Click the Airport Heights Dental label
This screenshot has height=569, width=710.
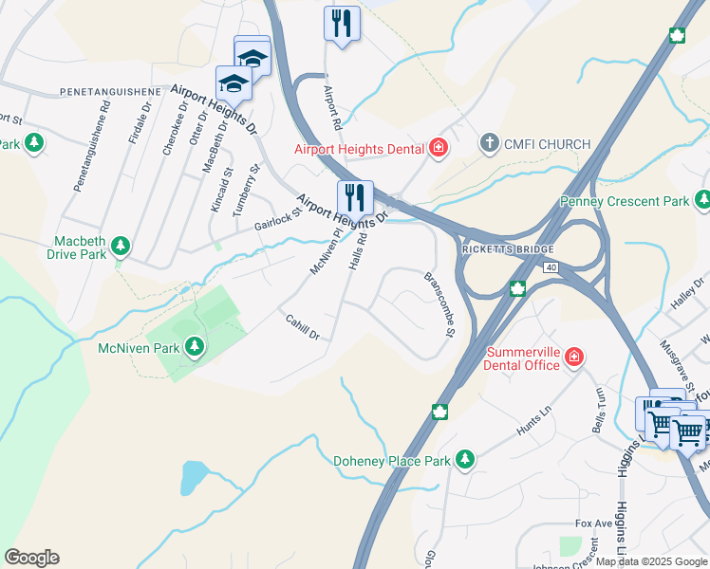(x=360, y=148)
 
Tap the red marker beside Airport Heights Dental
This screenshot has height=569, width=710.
(x=438, y=147)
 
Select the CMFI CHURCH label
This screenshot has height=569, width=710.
(x=546, y=144)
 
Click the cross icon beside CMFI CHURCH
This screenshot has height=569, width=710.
(x=489, y=144)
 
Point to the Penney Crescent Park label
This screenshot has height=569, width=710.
(x=637, y=201)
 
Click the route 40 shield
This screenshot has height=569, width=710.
(x=551, y=267)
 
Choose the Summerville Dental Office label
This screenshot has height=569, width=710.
(x=525, y=358)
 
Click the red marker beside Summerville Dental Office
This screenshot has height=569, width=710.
(x=574, y=357)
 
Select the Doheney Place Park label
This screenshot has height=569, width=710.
(x=392, y=462)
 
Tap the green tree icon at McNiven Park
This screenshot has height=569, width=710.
(x=195, y=348)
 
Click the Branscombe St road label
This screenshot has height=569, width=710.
(x=439, y=303)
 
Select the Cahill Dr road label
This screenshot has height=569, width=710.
(x=303, y=328)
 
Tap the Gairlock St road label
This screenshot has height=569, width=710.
(x=277, y=219)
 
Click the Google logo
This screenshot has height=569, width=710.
(x=31, y=558)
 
